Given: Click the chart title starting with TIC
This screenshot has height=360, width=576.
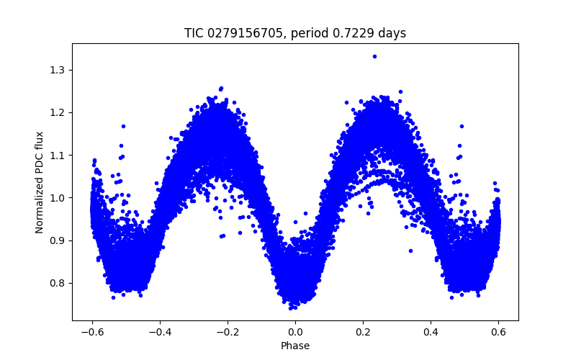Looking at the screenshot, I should (295, 33).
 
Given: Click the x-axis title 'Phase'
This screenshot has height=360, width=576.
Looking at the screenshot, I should (295, 346).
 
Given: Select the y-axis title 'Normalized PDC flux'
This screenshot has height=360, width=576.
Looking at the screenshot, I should (40, 181).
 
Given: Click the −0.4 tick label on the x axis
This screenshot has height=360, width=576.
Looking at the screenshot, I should (160, 332).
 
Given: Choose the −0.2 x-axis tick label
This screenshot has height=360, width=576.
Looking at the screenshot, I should (228, 332).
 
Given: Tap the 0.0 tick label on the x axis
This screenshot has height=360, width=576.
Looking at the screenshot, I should (295, 332).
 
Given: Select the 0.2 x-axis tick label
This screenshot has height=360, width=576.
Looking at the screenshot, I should (363, 332).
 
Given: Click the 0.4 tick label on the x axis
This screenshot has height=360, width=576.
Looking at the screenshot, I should (431, 332).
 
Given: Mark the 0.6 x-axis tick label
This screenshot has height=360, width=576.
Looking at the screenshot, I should (498, 332).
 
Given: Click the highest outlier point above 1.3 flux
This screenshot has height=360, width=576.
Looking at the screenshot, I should (374, 56).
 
